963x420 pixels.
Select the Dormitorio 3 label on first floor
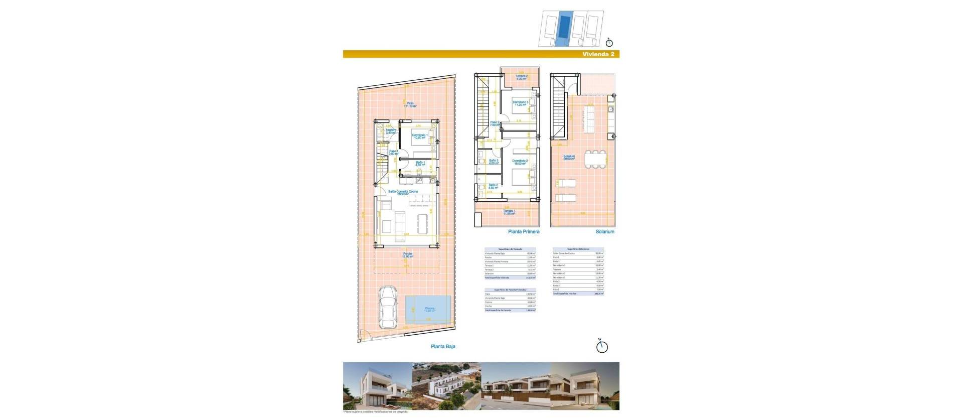pyautogui.click(x=520, y=103)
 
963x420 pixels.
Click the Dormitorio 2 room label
pyautogui.click(x=520, y=162)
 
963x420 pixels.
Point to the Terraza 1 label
pyautogui.click(x=510, y=212)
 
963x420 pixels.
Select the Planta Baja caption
pyautogui.click(x=443, y=346)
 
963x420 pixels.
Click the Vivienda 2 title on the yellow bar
pyautogui.click(x=598, y=54)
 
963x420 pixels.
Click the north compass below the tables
pyautogui.click(x=602, y=346)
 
